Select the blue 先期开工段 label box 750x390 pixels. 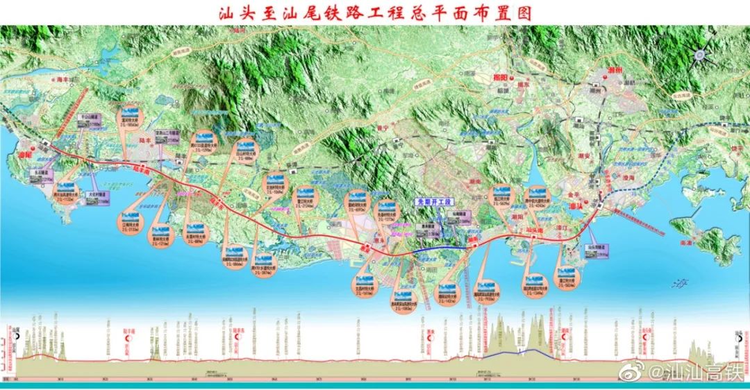tap(433, 202)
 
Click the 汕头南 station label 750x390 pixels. tap(535, 228)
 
